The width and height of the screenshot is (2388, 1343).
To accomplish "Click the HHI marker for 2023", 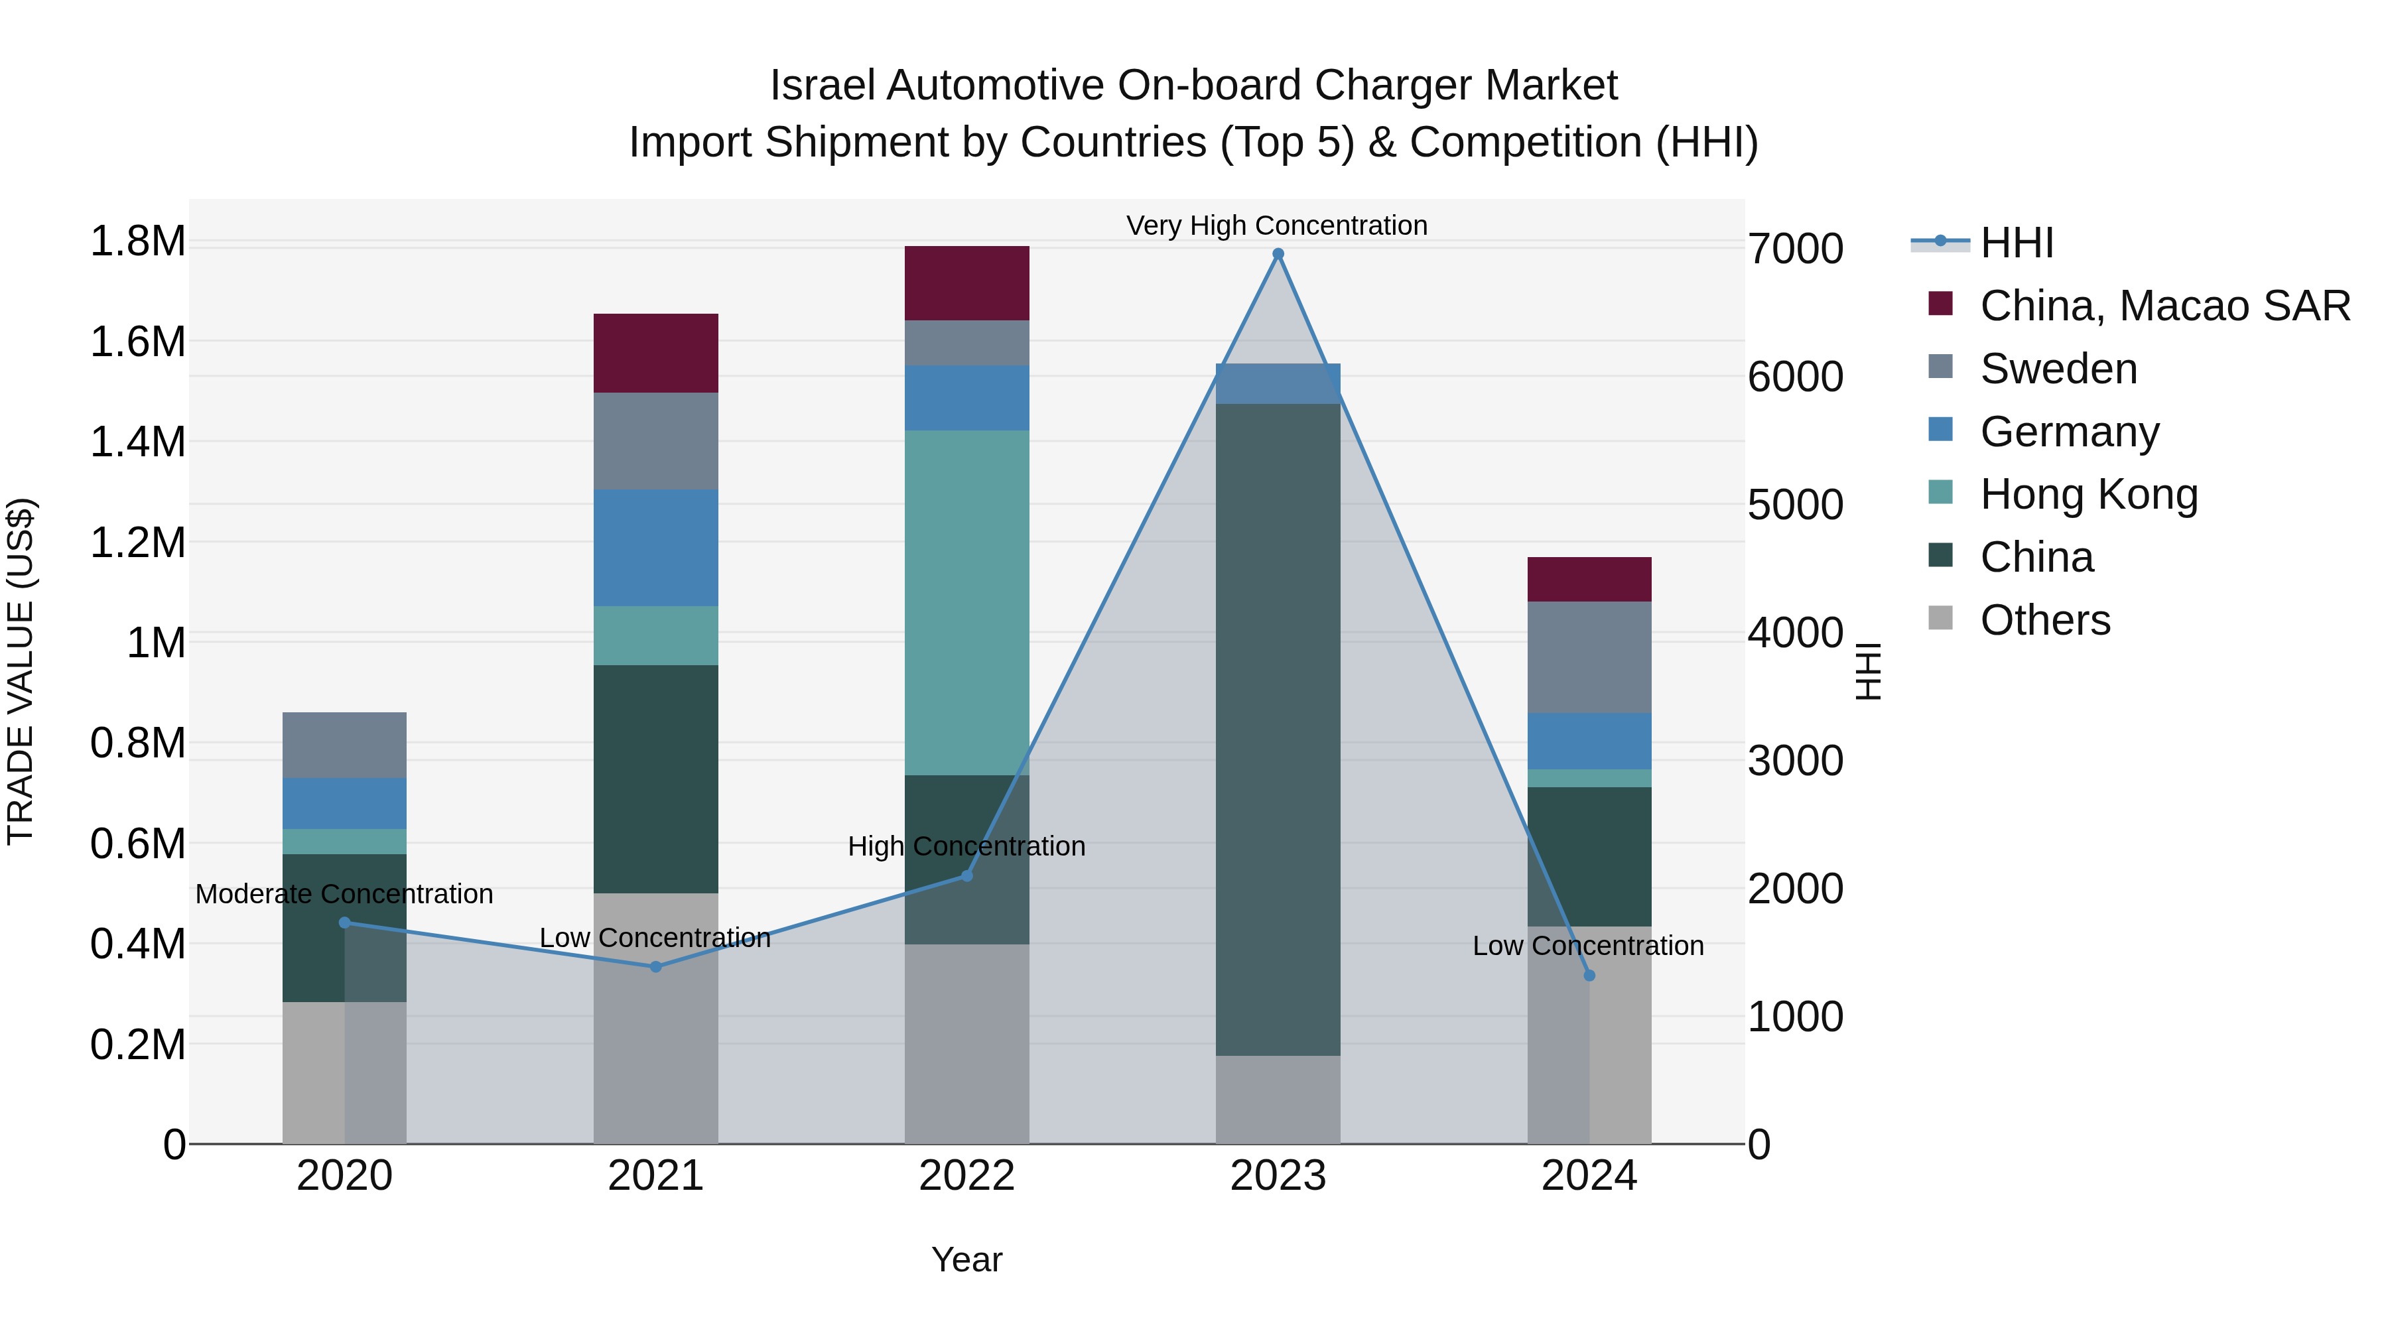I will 1278,254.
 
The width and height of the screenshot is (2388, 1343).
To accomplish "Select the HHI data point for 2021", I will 655,967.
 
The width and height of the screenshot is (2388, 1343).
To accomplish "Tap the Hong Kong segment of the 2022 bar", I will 967,602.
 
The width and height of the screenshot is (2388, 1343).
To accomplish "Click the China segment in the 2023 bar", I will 1278,730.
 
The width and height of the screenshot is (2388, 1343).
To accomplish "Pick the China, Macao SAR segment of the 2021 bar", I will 655,353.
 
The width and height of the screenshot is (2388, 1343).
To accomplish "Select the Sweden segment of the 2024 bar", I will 1589,657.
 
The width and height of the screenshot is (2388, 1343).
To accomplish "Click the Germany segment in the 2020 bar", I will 344,802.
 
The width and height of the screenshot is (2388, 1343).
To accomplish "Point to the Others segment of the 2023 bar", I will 1278,1099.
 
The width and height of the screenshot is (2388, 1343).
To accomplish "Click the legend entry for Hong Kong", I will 2089,494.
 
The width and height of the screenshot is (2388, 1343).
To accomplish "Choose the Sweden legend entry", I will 2058,369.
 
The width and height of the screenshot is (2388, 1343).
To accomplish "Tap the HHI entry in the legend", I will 2017,243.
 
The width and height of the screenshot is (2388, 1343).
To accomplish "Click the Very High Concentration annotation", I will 1276,225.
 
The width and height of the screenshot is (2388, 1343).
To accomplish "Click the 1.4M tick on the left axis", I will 137,442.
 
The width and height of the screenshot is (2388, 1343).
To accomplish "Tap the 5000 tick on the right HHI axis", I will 1795,505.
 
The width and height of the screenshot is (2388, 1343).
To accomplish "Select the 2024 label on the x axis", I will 1588,1176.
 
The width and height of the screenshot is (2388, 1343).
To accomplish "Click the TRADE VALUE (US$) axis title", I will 21,671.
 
